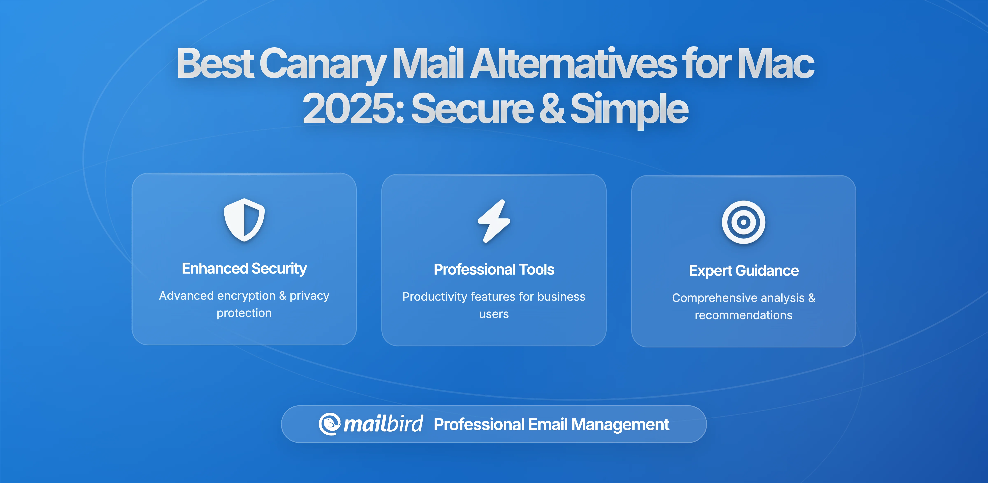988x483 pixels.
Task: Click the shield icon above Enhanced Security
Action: (244, 220)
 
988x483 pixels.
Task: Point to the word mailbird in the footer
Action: (383, 424)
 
